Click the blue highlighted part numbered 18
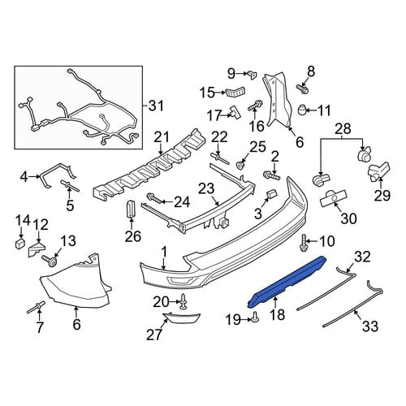pos(288,282)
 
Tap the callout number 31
pos(155,106)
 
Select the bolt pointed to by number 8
pos(301,89)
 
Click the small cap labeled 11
pos(301,110)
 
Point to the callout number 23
pos(206,189)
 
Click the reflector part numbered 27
pos(182,318)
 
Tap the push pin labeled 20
pos(184,301)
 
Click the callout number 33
pos(370,326)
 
